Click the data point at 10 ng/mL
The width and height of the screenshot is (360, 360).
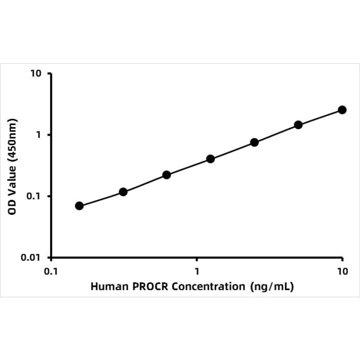(x=342, y=110)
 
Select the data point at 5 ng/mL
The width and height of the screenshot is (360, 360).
(x=298, y=125)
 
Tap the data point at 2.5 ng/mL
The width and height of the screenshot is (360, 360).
(x=254, y=142)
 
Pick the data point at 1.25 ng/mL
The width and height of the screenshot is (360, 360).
(x=211, y=159)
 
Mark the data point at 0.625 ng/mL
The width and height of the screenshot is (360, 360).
(x=166, y=175)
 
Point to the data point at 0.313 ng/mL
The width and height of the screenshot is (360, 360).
(x=123, y=192)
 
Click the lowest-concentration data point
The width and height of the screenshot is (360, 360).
(x=79, y=206)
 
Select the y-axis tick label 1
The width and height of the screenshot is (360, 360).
(x=40, y=135)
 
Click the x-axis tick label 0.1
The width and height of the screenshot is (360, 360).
(x=51, y=271)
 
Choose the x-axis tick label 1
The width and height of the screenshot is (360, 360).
(x=196, y=271)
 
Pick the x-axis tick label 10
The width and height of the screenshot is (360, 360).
(x=342, y=271)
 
